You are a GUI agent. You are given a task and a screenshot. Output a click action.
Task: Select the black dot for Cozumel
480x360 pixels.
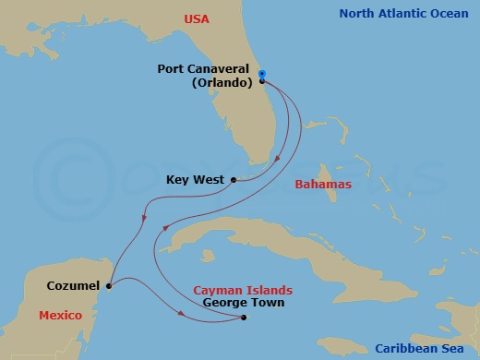[x=108, y=286]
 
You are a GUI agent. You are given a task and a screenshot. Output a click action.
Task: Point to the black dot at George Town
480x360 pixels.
[x=244, y=318]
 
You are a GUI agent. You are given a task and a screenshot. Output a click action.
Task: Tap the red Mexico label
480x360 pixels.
[x=61, y=316]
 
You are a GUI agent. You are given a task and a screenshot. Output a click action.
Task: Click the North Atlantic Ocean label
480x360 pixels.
[x=405, y=14]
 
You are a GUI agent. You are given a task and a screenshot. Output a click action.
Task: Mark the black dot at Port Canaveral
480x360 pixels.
[x=262, y=81]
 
